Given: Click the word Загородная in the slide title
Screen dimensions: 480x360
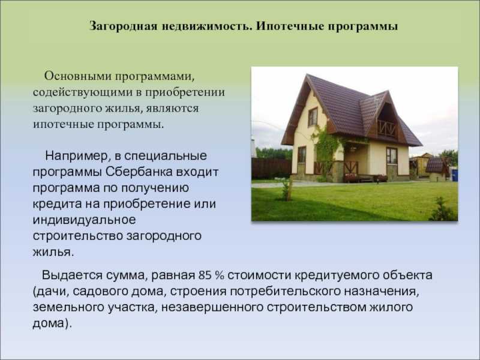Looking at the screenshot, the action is (124, 26).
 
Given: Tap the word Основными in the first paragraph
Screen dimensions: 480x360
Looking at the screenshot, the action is (77, 76).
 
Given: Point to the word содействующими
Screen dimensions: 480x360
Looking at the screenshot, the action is (82, 92).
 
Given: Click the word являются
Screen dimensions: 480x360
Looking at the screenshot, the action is (172, 109).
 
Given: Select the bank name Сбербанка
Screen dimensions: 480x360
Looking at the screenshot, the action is (139, 172).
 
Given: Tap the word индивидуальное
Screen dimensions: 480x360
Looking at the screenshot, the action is (84, 220).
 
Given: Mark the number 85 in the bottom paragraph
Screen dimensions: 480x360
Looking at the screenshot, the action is (205, 275).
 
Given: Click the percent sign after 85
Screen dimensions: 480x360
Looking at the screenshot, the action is (220, 275).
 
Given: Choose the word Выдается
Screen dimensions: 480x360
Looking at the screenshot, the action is (72, 275).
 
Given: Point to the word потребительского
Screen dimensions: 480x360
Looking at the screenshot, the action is (286, 292).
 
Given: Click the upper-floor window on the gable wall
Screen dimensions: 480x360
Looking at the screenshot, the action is (313, 116).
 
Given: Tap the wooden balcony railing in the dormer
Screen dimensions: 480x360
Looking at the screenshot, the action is (386, 128).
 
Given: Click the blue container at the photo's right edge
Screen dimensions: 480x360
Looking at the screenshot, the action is (455, 175).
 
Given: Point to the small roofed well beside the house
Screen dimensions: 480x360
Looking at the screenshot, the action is (437, 170).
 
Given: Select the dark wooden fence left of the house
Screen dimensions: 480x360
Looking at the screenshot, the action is (271, 169).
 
